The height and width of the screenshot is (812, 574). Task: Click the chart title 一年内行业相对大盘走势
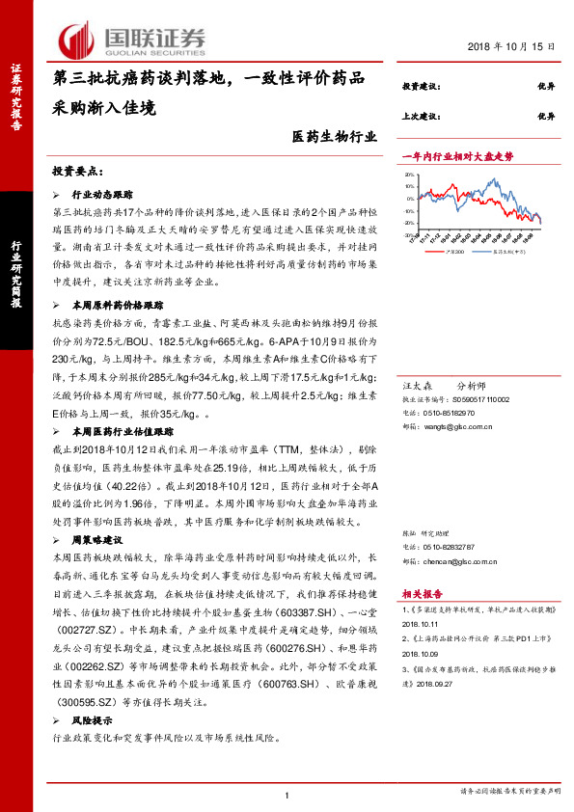click(x=457, y=154)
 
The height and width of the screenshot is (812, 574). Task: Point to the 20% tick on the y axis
click(x=410, y=176)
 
